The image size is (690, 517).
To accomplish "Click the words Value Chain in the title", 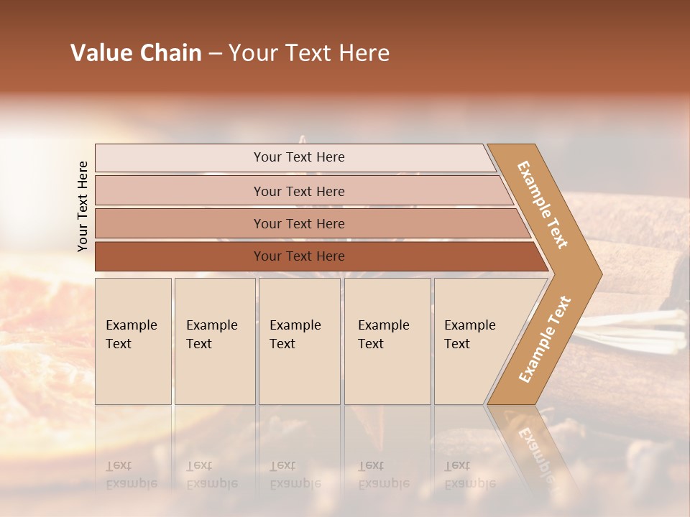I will coord(136,53).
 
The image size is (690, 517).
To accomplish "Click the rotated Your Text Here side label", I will coord(83,206).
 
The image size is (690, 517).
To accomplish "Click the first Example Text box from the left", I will coord(133,341).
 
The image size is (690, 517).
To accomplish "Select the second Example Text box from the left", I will coord(214,341).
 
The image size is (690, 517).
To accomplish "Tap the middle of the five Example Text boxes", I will coord(299,341).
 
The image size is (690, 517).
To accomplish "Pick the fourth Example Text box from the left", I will coord(387,341).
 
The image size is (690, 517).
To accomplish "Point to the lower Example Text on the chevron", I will coord(545,340).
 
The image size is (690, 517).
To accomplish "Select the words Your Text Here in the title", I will coord(309,53).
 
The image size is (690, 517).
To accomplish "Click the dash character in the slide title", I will coord(215,54).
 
